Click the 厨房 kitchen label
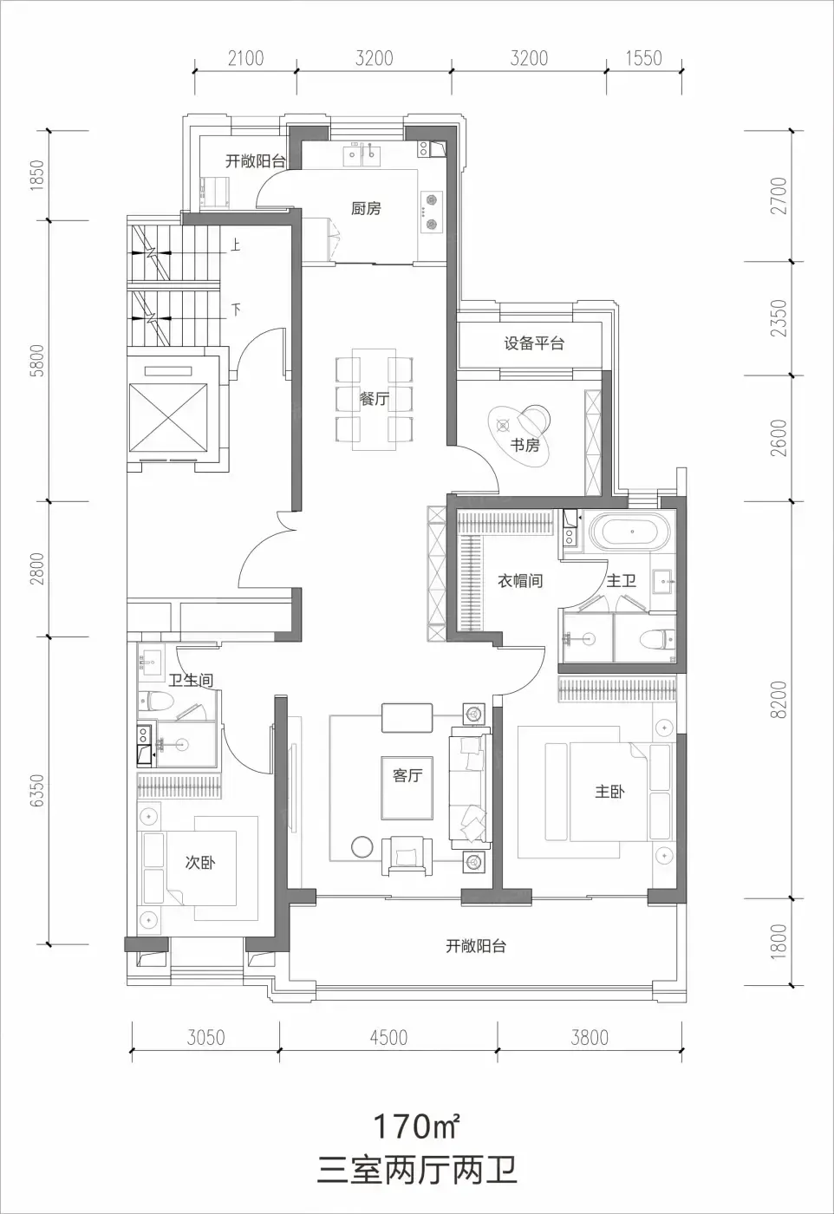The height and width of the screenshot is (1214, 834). click(366, 208)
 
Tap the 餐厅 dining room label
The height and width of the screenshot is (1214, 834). click(374, 398)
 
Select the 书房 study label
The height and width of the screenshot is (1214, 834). click(525, 445)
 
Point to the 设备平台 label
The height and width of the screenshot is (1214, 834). click(534, 343)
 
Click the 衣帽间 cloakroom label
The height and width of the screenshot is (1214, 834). click(519, 581)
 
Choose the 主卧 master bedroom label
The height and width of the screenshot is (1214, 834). click(609, 792)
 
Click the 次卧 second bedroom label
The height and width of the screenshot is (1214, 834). click(200, 862)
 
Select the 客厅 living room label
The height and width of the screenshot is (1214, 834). click(407, 775)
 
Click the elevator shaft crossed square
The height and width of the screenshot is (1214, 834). click(168, 417)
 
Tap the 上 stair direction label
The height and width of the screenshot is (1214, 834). click(235, 245)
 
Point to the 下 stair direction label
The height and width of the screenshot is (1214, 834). click(236, 310)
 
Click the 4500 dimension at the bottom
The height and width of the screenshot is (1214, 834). click(388, 1037)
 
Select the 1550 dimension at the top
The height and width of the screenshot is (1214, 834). click(644, 58)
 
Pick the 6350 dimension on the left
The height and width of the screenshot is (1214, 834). click(37, 790)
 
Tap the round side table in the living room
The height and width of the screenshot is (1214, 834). click(362, 846)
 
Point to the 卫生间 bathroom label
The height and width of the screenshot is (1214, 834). click(191, 680)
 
